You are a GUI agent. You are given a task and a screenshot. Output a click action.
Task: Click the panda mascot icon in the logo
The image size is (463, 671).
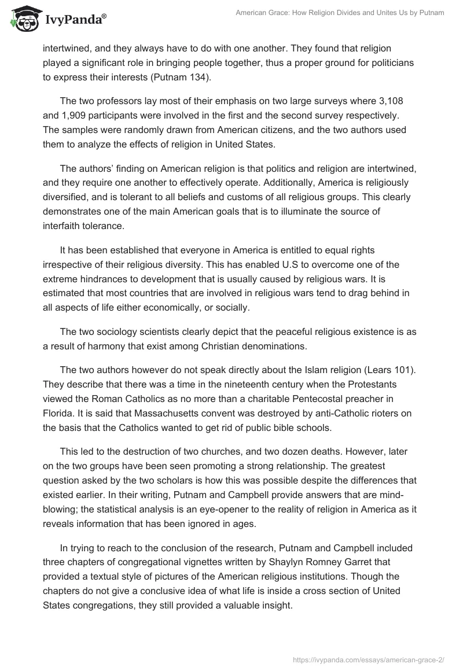pyautogui.click(x=23, y=19)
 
